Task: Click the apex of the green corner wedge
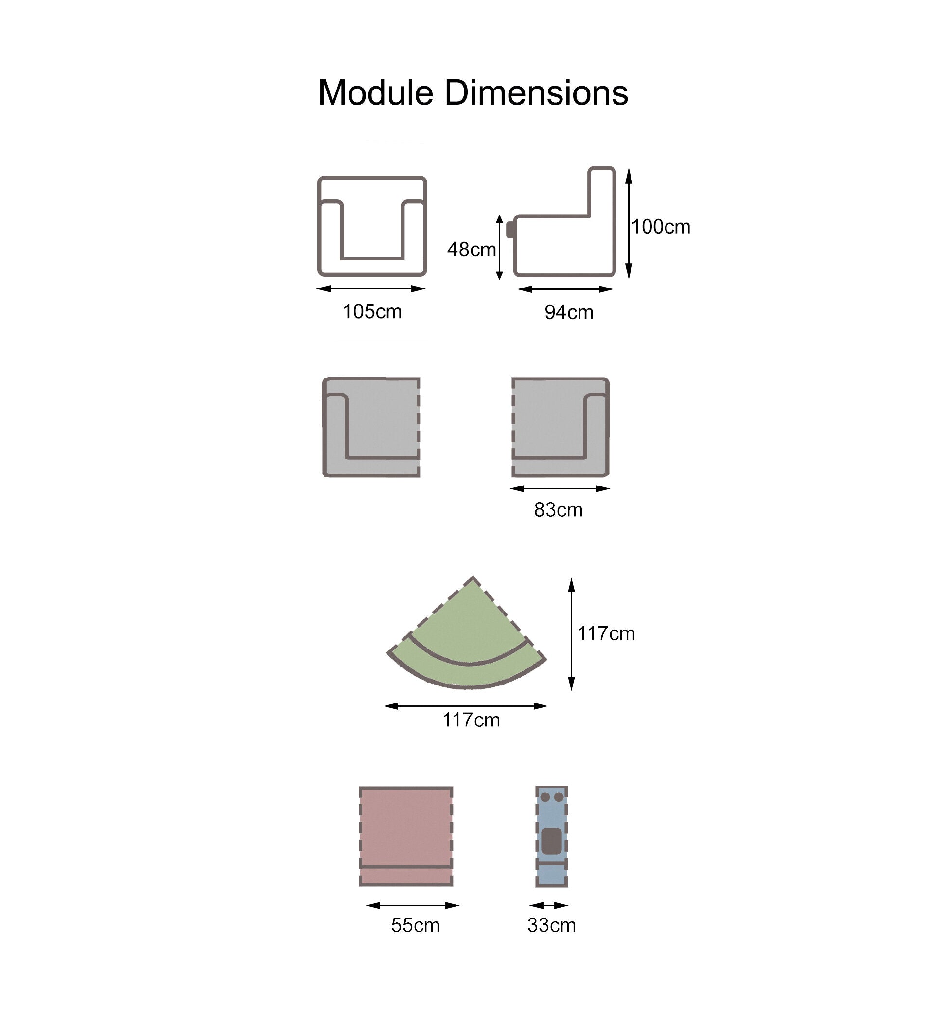click(473, 577)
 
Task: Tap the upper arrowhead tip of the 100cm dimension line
click(629, 168)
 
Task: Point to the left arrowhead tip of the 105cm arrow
click(316, 288)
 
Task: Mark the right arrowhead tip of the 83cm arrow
click(610, 488)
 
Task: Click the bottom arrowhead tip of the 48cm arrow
click(500, 280)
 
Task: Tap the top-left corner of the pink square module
click(360, 788)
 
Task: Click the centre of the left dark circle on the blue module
click(545, 797)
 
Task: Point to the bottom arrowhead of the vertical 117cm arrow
click(571, 691)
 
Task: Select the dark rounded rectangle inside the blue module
click(551, 841)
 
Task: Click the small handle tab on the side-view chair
click(511, 229)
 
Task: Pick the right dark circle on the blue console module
click(559, 797)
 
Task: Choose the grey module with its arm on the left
click(371, 427)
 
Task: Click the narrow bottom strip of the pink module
click(406, 876)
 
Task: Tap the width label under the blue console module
click(551, 925)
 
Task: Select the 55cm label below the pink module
click(416, 925)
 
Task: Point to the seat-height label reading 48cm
click(472, 250)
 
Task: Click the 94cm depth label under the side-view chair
click(569, 312)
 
